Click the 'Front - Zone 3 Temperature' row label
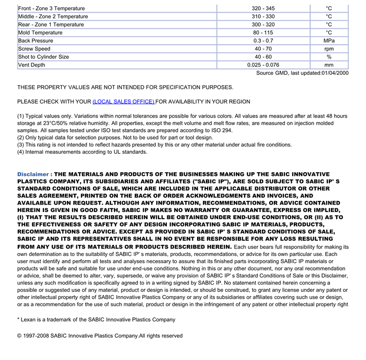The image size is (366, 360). point(51,8)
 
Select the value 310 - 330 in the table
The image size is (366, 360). point(263,16)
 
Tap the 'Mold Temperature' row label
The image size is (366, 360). point(40,32)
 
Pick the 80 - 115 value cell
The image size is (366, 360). point(263,32)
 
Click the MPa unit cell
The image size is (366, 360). point(329,40)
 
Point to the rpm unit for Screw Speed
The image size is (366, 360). point(329,49)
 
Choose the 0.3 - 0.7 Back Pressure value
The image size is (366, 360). point(263,40)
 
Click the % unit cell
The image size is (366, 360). point(329,57)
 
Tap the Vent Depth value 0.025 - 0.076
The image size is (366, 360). point(263,65)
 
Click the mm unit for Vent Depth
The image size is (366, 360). point(329,65)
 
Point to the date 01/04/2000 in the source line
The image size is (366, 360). point(335,73)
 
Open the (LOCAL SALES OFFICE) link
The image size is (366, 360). point(124,102)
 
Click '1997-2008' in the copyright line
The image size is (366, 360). point(38,335)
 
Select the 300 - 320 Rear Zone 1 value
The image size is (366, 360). point(263,25)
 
